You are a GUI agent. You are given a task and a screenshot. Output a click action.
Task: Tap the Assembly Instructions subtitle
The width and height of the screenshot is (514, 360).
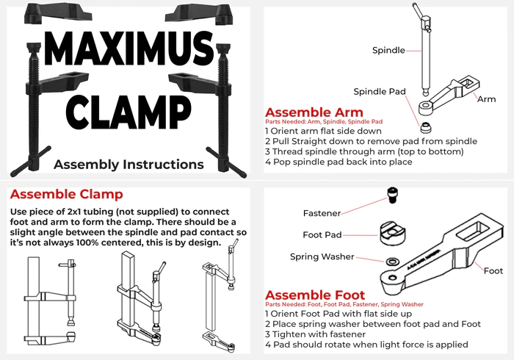click(x=128, y=164)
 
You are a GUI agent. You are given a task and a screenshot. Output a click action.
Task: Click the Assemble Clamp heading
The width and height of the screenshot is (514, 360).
click(x=66, y=195)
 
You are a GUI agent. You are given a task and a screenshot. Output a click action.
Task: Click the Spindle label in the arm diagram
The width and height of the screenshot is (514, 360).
click(x=388, y=50)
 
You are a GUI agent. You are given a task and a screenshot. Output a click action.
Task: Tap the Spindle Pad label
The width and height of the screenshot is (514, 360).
click(x=380, y=92)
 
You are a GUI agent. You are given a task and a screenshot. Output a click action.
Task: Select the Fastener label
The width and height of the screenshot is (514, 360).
click(x=322, y=213)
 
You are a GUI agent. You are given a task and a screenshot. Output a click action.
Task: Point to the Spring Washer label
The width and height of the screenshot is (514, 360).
click(x=321, y=256)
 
